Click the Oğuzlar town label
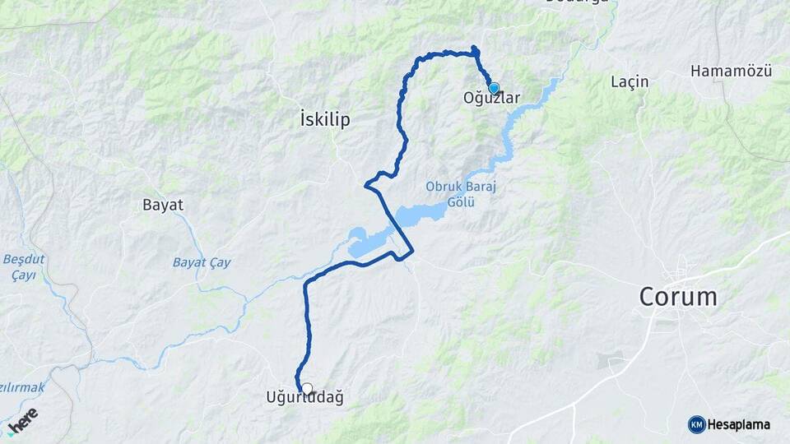coord(492,99)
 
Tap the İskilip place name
coord(326,120)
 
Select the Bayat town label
coord(163,205)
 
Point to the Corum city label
coord(679,297)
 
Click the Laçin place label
coord(630,81)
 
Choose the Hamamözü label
coord(731,72)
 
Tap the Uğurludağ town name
coord(304,398)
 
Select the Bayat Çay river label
coord(202,263)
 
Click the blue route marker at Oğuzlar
coord(494,88)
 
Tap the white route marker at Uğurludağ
coord(307,388)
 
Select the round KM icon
coord(696,424)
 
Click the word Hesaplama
coord(739,424)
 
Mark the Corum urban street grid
coord(682,271)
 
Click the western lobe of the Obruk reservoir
coord(366,243)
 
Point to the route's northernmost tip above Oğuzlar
coord(473,47)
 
